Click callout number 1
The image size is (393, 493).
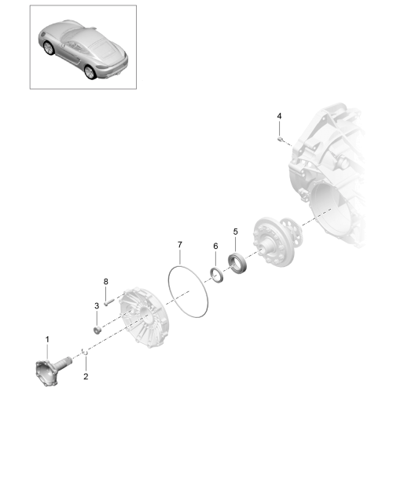pyautogui.click(x=47, y=339)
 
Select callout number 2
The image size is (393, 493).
pyautogui.click(x=86, y=376)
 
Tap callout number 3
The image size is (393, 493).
pyautogui.click(x=97, y=305)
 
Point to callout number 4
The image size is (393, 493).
pyautogui.click(x=279, y=116)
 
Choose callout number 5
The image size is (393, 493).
pyautogui.click(x=236, y=232)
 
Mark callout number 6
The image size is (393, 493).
pyautogui.click(x=215, y=246)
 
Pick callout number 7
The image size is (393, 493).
pyautogui.click(x=180, y=245)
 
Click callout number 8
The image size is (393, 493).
pyautogui.click(x=106, y=281)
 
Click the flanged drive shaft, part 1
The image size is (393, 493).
pyautogui.click(x=53, y=371)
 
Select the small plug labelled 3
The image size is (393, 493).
pyautogui.click(x=97, y=330)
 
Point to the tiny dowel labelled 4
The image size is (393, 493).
pyautogui.click(x=280, y=139)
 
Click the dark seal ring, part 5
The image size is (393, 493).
pyautogui.click(x=237, y=263)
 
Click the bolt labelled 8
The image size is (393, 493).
pyautogui.click(x=108, y=303)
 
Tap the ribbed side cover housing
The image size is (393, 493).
pyautogui.click(x=143, y=317)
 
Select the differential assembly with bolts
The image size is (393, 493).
pyautogui.click(x=277, y=241)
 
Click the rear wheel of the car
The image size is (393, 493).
pyautogui.click(x=90, y=72)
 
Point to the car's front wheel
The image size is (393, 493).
pyautogui.click(x=49, y=48)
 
